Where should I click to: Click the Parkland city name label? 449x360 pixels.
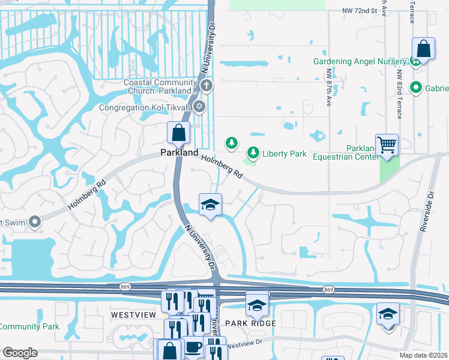point(179,153)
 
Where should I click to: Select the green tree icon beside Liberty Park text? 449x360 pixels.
point(254,154)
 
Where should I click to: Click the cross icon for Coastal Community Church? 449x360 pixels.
point(206,85)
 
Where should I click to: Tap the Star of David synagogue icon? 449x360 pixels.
point(199,107)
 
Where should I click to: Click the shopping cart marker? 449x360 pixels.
point(387,145)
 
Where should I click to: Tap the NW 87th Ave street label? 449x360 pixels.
point(329,88)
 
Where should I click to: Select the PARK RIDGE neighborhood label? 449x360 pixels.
point(250,323)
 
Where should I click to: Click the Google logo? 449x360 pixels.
point(20,353)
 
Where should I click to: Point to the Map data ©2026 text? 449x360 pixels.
point(424,355)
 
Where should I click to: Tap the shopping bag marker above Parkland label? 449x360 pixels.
point(179,133)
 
